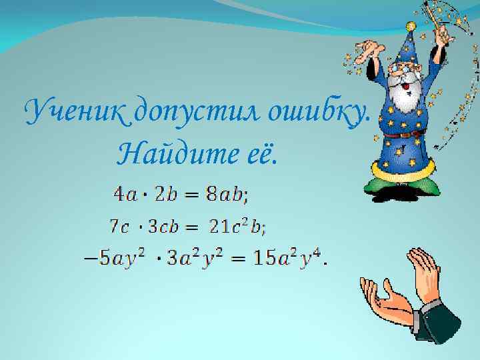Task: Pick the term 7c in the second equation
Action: pyautogui.click(x=120, y=227)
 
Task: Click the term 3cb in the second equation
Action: pyautogui.click(x=164, y=227)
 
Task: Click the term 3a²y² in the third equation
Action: pyautogui.click(x=193, y=259)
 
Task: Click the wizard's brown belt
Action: pyautogui.click(x=404, y=135)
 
